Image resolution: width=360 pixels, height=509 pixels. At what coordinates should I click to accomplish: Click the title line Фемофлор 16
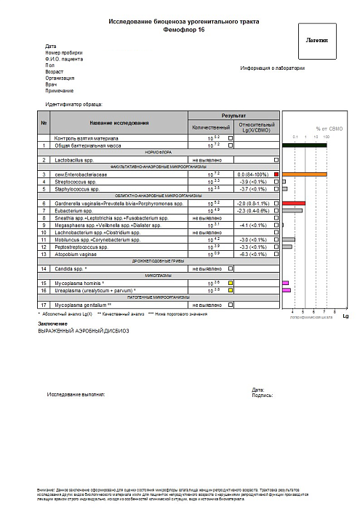[179, 32]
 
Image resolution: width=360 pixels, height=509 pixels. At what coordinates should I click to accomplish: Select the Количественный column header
[210, 127]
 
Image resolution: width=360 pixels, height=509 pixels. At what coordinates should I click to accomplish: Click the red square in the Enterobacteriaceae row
[276, 175]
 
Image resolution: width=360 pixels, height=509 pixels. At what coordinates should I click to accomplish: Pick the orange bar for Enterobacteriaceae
[305, 175]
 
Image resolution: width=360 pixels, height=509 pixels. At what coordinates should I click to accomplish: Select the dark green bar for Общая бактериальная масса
[305, 145]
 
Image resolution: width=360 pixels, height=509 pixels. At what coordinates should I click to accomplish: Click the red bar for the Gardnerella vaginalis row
[294, 203]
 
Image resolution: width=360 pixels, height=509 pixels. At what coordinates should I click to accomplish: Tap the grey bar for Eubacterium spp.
[292, 210]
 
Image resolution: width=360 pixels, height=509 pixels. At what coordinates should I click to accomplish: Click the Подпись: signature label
[262, 396]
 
